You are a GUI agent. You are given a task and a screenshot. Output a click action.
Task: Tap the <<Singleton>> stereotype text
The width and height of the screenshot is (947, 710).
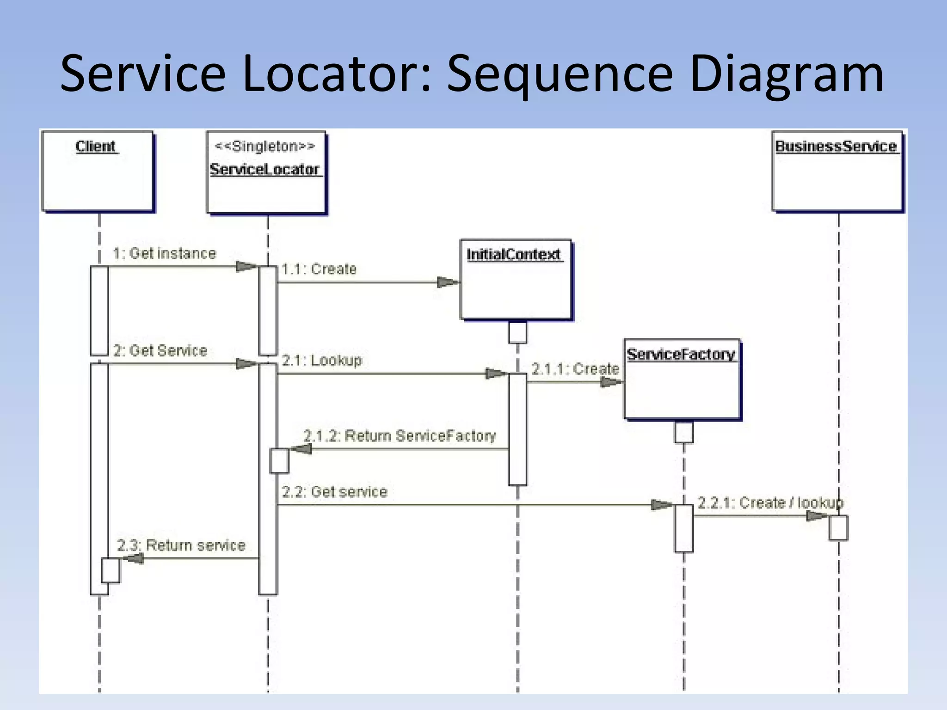[x=265, y=147]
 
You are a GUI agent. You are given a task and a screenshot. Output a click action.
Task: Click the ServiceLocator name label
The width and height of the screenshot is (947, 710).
[x=264, y=170]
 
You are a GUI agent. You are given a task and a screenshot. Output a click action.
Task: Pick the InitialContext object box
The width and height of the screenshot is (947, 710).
[x=516, y=280]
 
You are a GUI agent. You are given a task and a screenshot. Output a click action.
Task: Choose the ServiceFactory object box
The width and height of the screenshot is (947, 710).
[x=682, y=379]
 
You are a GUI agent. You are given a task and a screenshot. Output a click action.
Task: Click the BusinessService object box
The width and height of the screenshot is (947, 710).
[x=837, y=171]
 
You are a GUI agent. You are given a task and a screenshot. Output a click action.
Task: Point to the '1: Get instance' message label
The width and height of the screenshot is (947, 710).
[x=165, y=253]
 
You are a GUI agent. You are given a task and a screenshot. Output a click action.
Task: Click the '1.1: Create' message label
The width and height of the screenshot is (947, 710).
[x=319, y=269]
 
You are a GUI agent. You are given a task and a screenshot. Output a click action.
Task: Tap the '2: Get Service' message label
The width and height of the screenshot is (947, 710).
[x=160, y=351]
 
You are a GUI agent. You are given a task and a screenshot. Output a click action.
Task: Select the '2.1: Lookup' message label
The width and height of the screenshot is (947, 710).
[x=322, y=360]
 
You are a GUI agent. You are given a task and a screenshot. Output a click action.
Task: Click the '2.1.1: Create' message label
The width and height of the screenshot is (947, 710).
[x=575, y=369]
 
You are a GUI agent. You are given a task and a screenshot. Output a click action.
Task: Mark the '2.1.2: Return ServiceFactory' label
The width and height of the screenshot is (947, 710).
[x=400, y=436]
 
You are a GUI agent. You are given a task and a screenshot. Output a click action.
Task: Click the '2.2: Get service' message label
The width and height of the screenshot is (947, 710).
[x=334, y=492]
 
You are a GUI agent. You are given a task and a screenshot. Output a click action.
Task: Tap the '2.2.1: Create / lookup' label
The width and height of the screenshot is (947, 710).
[x=770, y=503]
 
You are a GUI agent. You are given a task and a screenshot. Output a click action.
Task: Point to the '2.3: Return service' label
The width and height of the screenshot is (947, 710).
[x=181, y=545]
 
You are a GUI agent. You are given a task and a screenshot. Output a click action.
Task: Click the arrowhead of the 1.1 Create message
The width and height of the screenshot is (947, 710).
[x=448, y=282]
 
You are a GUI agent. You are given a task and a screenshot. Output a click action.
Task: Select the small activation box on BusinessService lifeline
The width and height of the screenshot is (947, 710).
[x=838, y=527]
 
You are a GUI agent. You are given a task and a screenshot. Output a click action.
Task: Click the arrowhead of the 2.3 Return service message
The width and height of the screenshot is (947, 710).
[x=133, y=558]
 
